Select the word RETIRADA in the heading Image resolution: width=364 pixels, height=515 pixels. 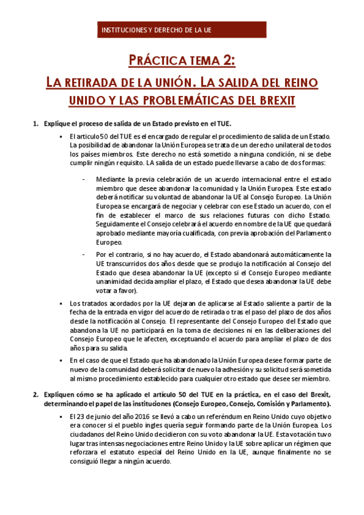click(97, 81)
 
